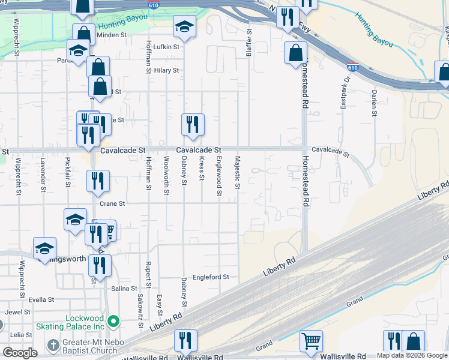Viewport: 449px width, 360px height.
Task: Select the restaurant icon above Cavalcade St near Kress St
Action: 193,125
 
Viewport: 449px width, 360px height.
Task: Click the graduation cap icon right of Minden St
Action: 184,27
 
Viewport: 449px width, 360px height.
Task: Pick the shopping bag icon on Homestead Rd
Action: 295,53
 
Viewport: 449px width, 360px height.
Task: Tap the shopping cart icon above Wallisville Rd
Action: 311,341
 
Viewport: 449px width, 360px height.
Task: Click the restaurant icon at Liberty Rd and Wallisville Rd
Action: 185,341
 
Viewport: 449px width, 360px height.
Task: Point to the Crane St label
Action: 112,203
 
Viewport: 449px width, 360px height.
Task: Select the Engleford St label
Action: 211,277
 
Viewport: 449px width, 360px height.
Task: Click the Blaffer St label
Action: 249,42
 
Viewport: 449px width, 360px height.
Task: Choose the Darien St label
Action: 373,103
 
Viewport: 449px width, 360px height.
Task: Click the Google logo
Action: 20,353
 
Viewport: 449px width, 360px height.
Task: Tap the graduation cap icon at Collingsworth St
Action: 44,248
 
